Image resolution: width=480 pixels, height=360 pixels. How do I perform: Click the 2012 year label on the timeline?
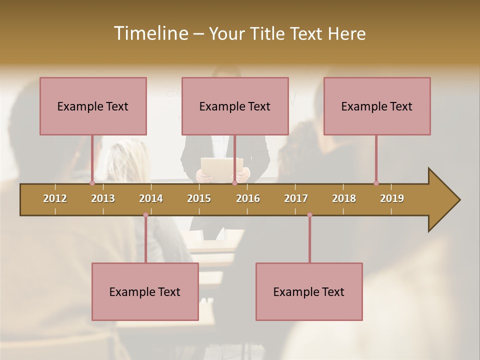click(x=55, y=198)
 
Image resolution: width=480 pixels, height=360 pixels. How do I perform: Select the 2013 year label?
click(x=103, y=198)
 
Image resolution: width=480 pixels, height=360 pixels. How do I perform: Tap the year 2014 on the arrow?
click(x=151, y=198)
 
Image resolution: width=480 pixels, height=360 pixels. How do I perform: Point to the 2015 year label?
click(x=199, y=198)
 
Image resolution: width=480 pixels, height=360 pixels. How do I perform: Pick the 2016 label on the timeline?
click(x=248, y=198)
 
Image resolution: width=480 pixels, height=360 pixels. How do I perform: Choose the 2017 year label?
click(x=296, y=198)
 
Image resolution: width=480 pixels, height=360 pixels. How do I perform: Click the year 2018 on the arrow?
click(x=344, y=198)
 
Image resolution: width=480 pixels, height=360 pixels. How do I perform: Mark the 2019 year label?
click(x=392, y=198)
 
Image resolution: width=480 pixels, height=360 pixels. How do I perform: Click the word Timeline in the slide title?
click(x=150, y=33)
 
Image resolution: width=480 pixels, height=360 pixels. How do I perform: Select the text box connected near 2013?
click(x=93, y=106)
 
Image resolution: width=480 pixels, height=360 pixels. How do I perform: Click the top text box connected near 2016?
click(x=235, y=106)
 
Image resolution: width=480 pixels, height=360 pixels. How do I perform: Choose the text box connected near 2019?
click(x=377, y=106)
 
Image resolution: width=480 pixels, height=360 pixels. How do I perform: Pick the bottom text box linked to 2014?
click(x=145, y=291)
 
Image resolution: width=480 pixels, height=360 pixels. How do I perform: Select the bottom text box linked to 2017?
click(x=309, y=291)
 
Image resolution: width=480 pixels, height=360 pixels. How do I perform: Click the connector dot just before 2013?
click(x=92, y=183)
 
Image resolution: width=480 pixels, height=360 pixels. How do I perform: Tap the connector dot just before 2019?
click(x=376, y=183)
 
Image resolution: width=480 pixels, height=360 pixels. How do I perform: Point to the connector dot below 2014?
click(x=145, y=215)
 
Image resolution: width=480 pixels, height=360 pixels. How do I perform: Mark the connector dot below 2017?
click(x=309, y=215)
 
